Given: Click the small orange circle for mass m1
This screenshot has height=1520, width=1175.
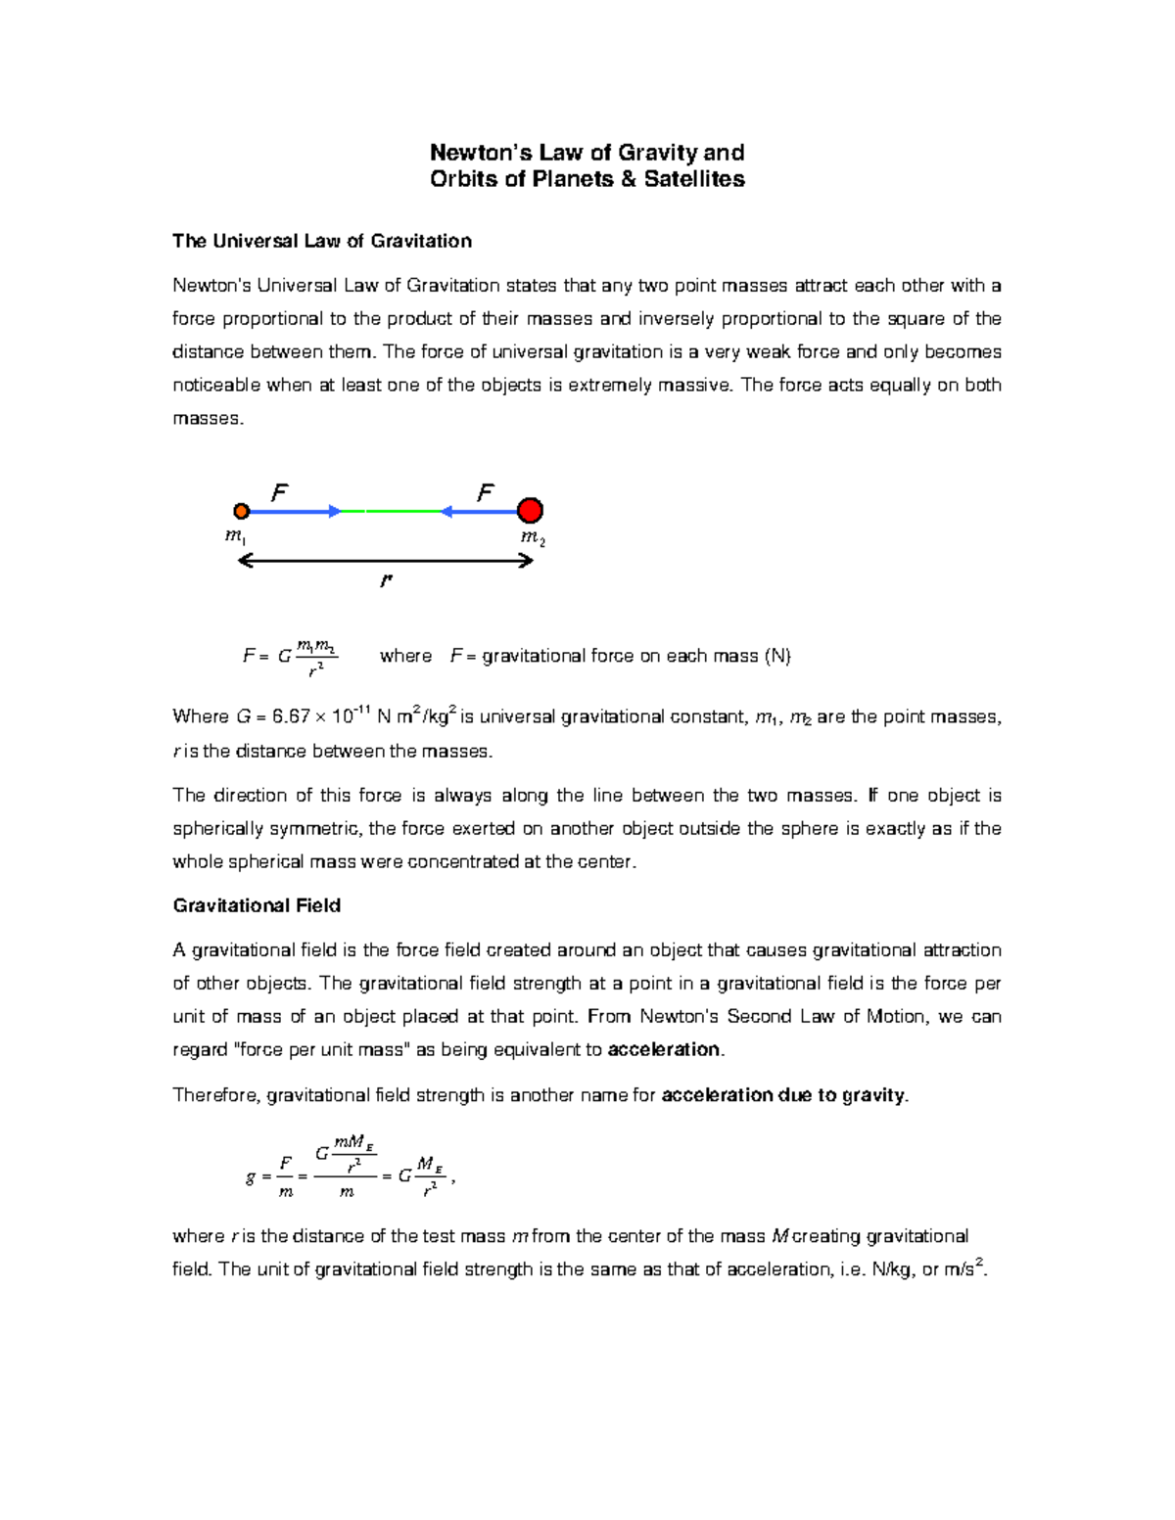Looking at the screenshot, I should point(242,511).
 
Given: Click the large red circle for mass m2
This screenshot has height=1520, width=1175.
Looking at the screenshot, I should point(530,511).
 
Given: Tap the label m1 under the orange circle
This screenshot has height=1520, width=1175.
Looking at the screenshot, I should point(235,536).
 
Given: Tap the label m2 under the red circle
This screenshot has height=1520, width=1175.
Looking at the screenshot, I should point(533,538).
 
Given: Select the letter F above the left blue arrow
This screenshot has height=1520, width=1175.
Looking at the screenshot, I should point(280,493).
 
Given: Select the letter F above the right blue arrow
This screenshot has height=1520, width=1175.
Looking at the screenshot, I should point(486,493).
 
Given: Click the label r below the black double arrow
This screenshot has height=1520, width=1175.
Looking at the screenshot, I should point(386,580).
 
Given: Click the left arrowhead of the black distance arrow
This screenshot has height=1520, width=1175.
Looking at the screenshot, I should point(245,561).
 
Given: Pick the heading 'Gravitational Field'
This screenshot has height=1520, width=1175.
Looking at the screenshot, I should point(257,905).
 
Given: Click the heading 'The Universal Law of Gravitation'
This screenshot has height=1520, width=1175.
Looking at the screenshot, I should point(322,241).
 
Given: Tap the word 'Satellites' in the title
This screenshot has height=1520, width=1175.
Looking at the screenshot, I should point(694,179).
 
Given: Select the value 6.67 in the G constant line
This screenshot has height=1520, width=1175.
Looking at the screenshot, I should point(291,717).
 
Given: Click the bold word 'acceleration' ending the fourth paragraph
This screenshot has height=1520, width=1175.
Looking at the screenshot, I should point(664,1049).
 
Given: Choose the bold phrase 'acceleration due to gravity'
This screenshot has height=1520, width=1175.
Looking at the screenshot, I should point(783,1095).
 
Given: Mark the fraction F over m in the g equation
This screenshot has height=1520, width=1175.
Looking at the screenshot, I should point(285,1176).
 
